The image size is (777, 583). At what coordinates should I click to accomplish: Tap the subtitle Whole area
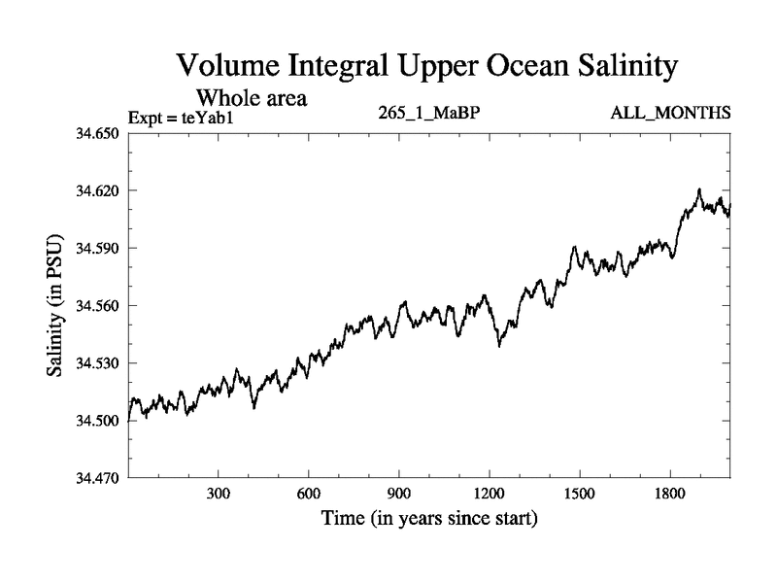pyautogui.click(x=253, y=98)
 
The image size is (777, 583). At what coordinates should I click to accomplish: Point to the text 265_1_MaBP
pyautogui.click(x=430, y=113)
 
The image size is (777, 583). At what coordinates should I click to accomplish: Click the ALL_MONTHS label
pyautogui.click(x=671, y=113)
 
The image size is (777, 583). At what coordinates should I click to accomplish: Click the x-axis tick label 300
pyautogui.click(x=218, y=494)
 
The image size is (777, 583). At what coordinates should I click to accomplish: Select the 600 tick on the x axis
pyautogui.click(x=308, y=494)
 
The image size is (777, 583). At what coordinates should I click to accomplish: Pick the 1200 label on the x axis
pyautogui.click(x=489, y=494)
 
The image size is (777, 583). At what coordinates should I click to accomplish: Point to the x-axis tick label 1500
pyautogui.click(x=579, y=494)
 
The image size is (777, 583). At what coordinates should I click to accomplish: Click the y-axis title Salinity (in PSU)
pyautogui.click(x=55, y=305)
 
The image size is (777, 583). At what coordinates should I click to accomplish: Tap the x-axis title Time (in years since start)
pyautogui.click(x=429, y=520)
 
